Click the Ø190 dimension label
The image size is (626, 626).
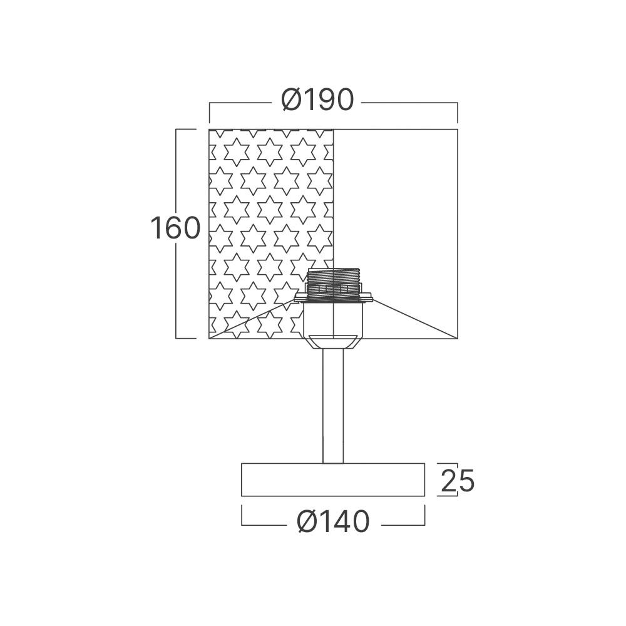coord(317,100)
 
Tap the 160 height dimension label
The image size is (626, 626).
coord(175,228)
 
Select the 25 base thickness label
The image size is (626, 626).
coord(458,480)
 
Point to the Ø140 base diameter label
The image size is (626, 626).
coord(334,521)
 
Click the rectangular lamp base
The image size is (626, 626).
coord(333,480)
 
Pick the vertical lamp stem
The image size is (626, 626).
coord(333,406)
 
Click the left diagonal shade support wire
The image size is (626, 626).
coord(255,318)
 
